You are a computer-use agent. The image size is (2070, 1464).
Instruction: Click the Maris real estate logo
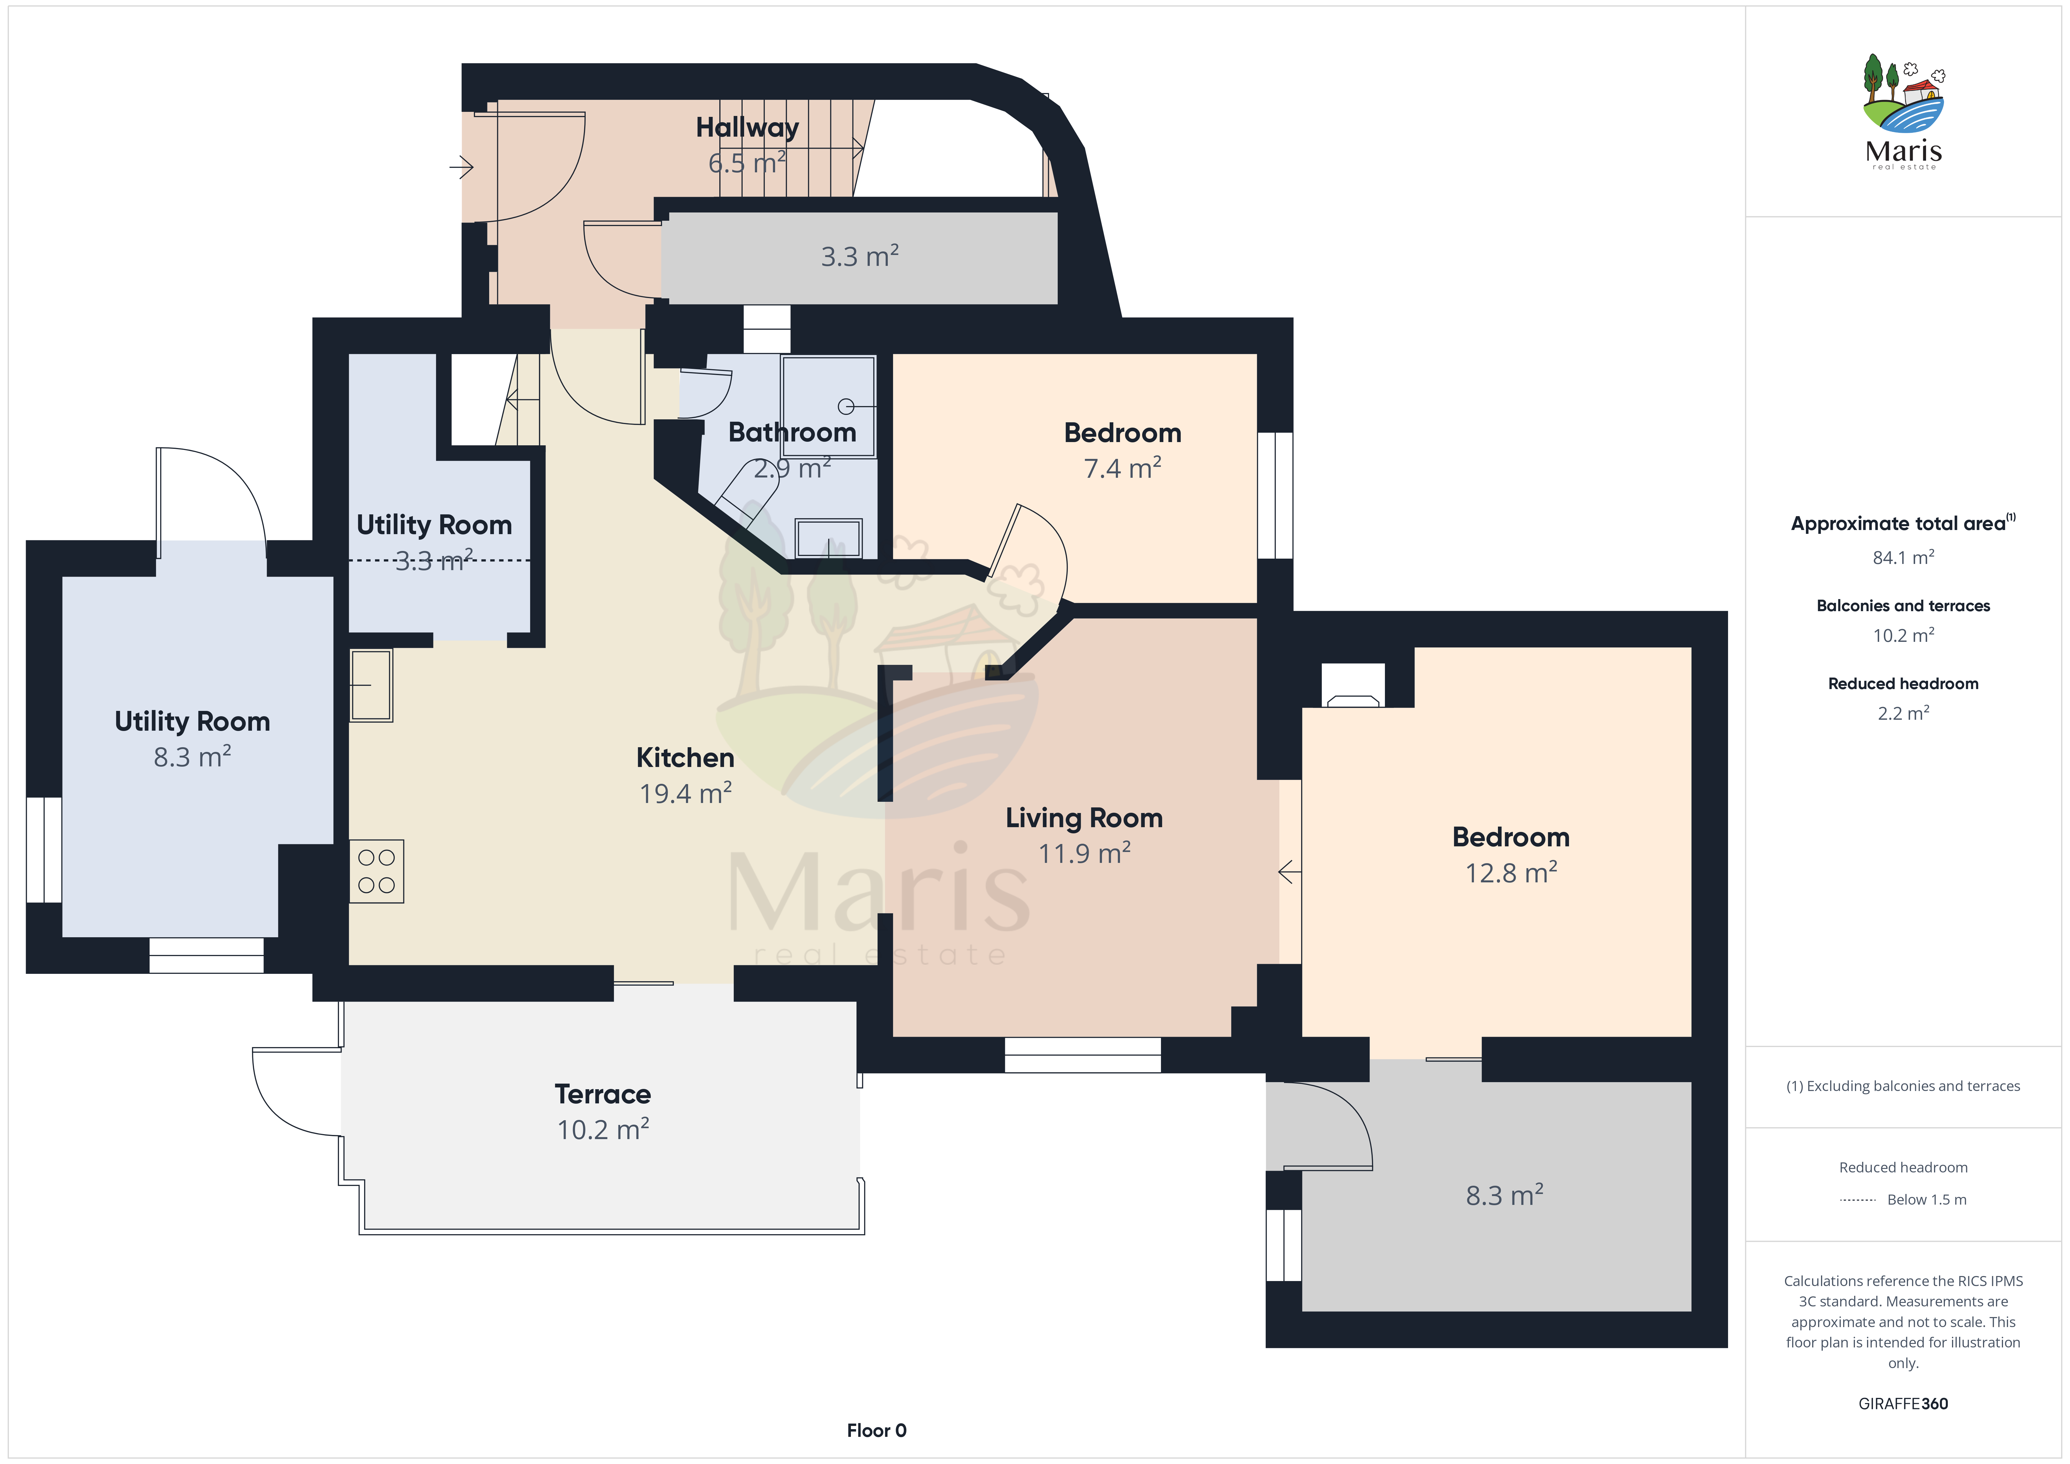[1903, 112]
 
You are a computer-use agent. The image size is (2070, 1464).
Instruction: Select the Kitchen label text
[685, 758]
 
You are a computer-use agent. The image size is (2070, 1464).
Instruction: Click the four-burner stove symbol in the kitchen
[377, 871]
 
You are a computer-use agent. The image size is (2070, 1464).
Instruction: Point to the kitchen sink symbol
[371, 686]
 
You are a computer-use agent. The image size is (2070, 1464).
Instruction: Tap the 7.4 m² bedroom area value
[1122, 468]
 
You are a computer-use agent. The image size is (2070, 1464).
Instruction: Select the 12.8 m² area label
[1511, 872]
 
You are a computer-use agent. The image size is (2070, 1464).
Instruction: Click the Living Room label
[1085, 818]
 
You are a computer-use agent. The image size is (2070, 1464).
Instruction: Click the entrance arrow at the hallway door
[462, 167]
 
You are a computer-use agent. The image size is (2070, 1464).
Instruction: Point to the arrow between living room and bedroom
[1290, 872]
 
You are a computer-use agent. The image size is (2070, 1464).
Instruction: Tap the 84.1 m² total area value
[1903, 557]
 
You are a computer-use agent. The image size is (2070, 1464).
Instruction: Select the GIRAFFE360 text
[1903, 1404]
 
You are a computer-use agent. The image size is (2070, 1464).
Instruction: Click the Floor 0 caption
[876, 1431]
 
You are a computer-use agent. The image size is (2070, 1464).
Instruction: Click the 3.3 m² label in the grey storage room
[859, 256]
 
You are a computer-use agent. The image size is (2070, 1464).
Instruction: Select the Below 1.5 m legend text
[1927, 1200]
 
